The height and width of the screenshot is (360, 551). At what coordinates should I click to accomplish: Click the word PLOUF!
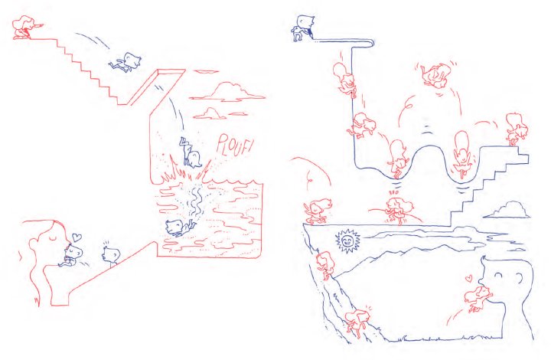233,145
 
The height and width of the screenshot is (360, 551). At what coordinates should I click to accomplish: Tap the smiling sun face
347,241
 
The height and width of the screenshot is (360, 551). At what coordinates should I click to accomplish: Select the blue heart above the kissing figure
77,237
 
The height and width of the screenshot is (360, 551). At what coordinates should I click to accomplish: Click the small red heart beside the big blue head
468,279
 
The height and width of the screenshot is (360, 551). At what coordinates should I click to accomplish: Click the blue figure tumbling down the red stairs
126,62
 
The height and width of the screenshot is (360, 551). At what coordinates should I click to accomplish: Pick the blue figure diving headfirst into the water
191,152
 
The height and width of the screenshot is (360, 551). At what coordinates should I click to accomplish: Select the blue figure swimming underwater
179,227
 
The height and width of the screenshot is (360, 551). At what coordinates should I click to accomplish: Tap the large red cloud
227,92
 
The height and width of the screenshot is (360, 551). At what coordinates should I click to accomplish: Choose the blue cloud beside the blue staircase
507,210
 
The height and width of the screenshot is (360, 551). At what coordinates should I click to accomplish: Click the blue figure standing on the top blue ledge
302,28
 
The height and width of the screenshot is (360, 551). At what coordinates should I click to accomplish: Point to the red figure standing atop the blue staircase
517,129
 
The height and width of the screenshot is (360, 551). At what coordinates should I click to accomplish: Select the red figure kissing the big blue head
478,298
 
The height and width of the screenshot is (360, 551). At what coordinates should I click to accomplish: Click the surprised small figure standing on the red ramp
112,254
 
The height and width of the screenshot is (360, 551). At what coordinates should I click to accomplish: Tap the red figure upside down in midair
435,75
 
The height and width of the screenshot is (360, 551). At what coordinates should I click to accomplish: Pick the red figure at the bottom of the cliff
357,322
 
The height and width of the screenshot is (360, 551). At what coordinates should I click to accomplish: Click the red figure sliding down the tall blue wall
344,79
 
